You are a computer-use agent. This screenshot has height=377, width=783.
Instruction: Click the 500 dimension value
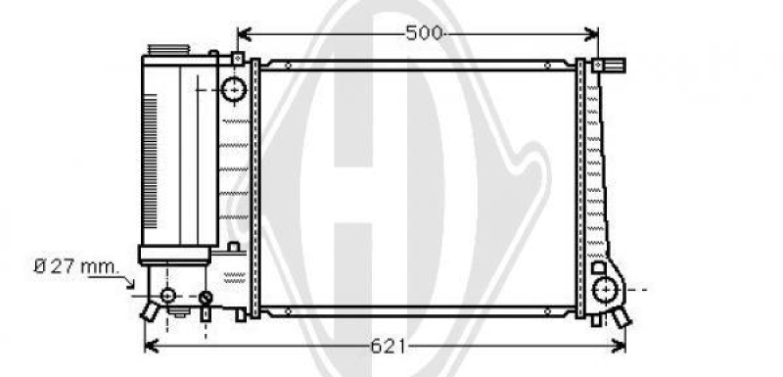(x=424, y=33)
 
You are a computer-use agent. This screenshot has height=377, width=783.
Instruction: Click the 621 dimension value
(x=388, y=346)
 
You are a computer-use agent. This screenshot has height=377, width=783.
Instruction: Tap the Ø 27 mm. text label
(x=76, y=266)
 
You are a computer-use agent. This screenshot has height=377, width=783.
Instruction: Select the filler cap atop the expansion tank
(x=168, y=50)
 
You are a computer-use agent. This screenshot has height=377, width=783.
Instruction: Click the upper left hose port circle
(x=234, y=90)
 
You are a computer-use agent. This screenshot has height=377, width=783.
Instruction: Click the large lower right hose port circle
(x=605, y=290)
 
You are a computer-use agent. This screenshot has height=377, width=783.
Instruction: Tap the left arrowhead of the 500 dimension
(x=244, y=34)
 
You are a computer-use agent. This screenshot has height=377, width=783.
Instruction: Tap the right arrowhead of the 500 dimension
(x=592, y=34)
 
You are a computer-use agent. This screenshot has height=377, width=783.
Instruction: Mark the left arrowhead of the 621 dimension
(x=151, y=346)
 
